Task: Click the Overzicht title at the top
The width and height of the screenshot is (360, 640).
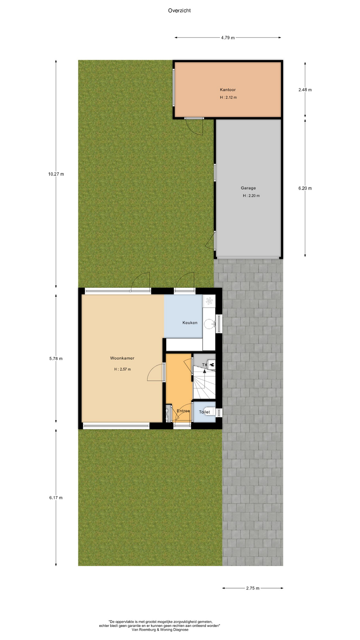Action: point(179,10)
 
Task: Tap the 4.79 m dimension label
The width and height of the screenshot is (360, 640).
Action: point(228,38)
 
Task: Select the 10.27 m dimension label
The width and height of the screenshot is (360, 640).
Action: point(56,174)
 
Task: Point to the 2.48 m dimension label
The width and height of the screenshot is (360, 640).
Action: point(305,90)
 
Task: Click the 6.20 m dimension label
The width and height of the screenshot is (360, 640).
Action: point(305,188)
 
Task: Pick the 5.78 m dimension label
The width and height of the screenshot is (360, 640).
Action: point(56,359)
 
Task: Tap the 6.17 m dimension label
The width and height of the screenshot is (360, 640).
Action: point(56,498)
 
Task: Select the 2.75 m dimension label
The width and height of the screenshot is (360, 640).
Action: point(253,588)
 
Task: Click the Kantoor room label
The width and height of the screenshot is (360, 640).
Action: point(228,90)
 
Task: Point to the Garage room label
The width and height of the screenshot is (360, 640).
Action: point(248,188)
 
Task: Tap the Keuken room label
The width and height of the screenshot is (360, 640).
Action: point(190,323)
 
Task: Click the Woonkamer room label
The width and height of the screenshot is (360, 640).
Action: point(122,358)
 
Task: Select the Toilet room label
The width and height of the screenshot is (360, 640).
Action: point(204,412)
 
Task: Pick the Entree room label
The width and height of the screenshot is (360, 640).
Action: point(183,411)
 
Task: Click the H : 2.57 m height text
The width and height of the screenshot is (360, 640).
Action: point(122,369)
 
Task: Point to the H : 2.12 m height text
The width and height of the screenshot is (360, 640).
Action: point(228,97)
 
